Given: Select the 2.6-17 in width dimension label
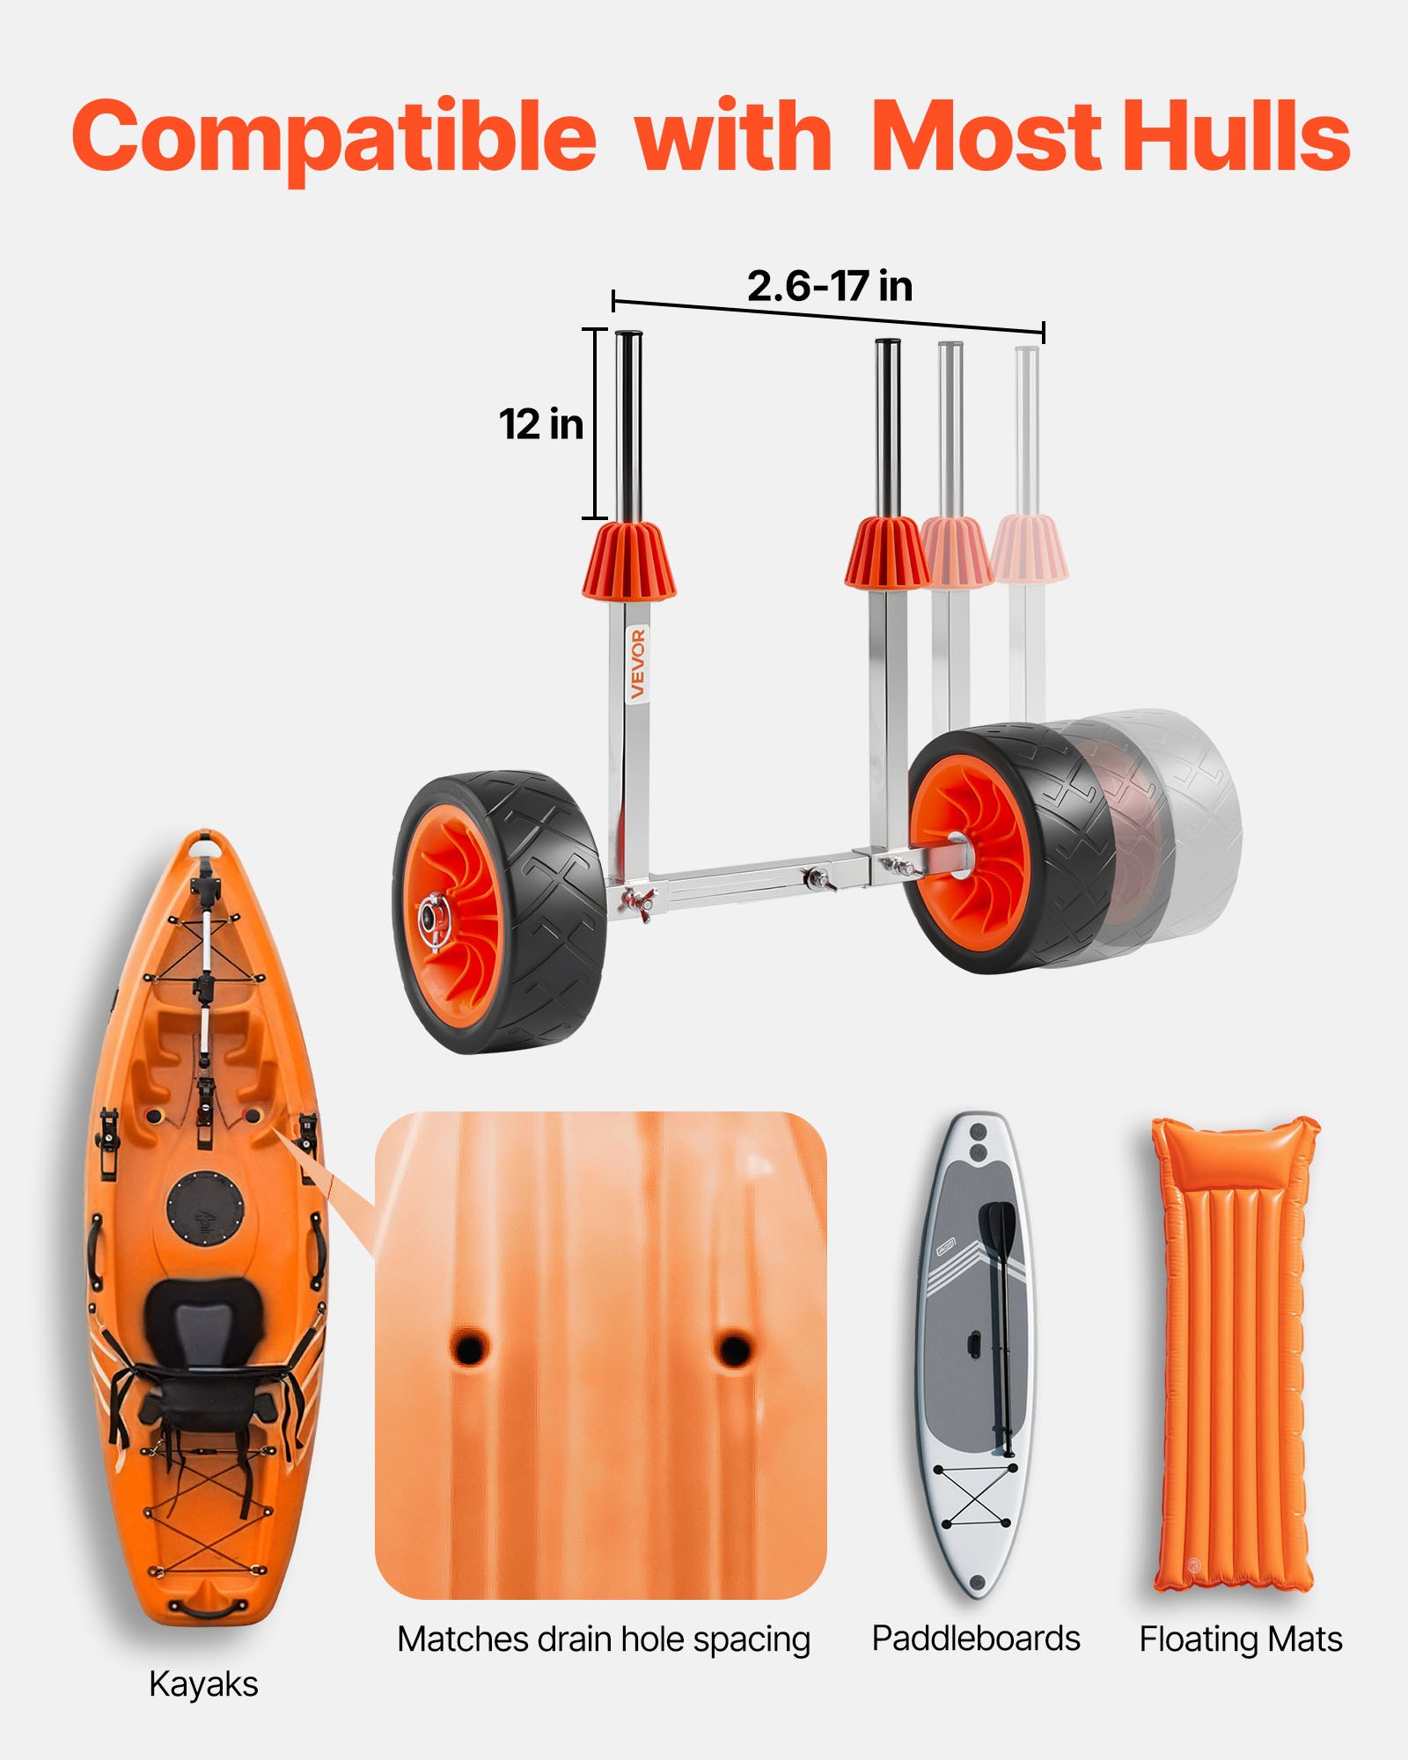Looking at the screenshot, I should [x=829, y=286].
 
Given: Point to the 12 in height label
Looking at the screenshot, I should [x=541, y=424].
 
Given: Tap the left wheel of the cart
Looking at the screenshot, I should [x=500, y=913].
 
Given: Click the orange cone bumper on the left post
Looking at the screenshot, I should [x=628, y=561].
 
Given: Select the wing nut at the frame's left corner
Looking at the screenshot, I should [x=635, y=901].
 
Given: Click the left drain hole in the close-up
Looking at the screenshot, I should [x=469, y=1346].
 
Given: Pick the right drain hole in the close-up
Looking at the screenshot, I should [x=733, y=1346].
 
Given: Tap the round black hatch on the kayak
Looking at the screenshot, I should [x=205, y=1206].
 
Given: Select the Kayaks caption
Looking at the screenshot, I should [x=203, y=1684].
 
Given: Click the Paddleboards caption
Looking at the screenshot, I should [x=975, y=1639].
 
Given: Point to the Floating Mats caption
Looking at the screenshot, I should [x=1240, y=1639].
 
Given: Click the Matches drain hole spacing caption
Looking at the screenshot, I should [x=603, y=1639].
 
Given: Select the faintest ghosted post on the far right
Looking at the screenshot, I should [x=1027, y=431].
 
